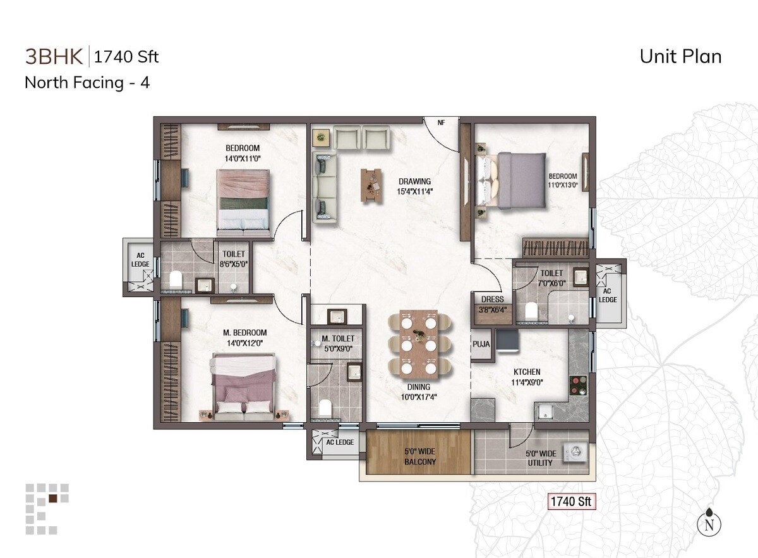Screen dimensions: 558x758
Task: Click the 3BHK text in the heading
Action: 54,56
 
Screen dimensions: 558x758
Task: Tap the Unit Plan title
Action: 680,56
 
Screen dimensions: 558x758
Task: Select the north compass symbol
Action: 709,523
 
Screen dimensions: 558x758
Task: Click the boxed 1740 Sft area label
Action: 571,502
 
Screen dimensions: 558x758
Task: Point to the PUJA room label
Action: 481,344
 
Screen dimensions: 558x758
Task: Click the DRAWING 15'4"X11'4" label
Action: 414,186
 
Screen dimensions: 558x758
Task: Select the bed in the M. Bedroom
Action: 244,386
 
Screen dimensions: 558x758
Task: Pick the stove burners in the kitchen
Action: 578,384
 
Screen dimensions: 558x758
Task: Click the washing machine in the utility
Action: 575,451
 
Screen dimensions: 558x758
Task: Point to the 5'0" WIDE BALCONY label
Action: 420,457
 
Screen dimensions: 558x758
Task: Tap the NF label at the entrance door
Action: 442,124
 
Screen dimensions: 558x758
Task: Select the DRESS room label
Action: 492,300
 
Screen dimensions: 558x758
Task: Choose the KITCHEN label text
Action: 526,372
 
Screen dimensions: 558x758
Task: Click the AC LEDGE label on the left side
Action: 140,260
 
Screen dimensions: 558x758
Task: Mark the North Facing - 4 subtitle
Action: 87,82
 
